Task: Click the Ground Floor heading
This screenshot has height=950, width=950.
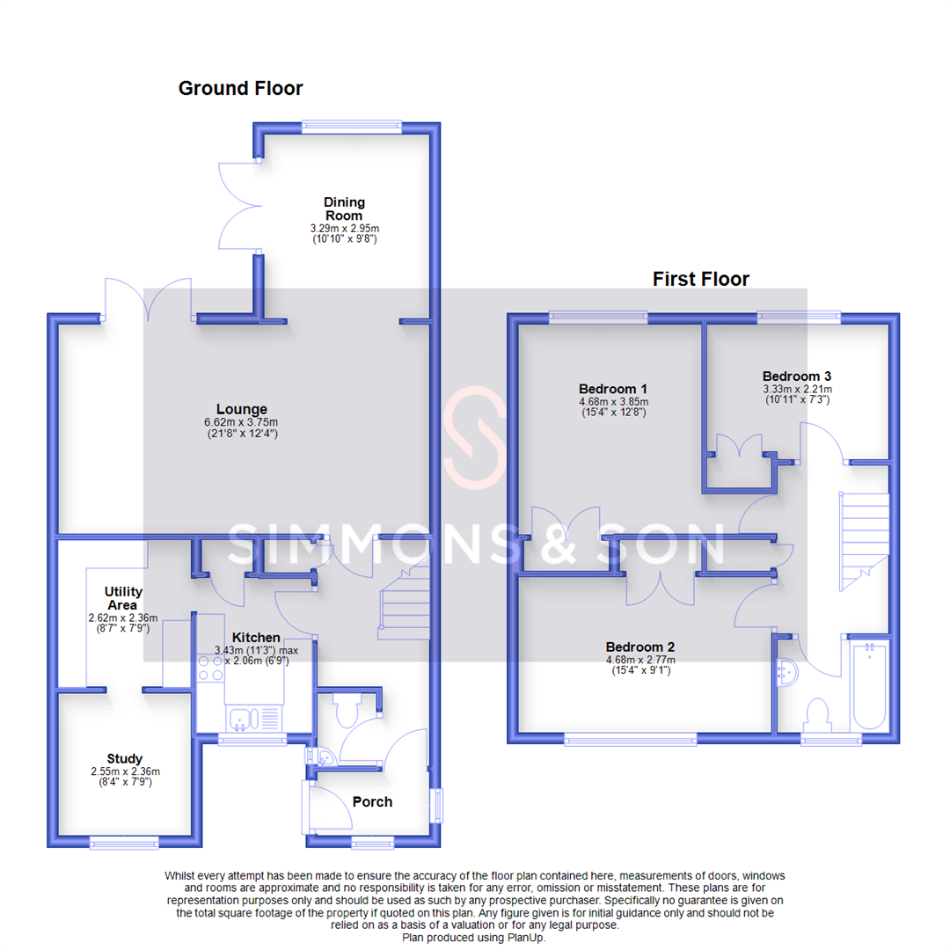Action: click(240, 88)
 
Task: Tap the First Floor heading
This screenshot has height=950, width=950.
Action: click(700, 279)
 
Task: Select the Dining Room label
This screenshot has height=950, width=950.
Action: click(343, 208)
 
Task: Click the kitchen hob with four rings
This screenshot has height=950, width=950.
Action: click(211, 668)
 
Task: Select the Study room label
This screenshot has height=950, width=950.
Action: click(124, 758)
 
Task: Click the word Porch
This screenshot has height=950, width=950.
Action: click(372, 801)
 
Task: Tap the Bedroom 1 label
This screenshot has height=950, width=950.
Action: click(613, 389)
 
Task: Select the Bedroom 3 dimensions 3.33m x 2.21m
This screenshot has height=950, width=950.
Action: click(797, 388)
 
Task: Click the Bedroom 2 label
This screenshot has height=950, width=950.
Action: click(639, 647)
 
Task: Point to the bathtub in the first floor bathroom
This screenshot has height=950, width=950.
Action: click(871, 686)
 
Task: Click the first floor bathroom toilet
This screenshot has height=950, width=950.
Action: click(818, 713)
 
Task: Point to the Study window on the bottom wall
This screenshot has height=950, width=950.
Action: click(124, 843)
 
